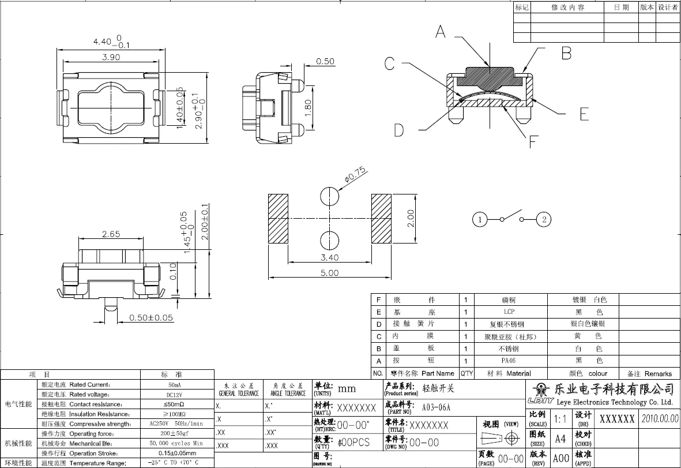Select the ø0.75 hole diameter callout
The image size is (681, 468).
[355, 175]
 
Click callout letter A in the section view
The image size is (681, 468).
[441, 32]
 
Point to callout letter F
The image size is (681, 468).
[533, 140]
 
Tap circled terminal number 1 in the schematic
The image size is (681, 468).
[479, 219]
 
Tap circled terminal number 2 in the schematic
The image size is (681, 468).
[544, 219]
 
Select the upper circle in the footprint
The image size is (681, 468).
[330, 196]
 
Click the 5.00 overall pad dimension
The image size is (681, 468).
[329, 273]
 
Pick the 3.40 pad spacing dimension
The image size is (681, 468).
[329, 257]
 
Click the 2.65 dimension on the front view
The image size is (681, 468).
[111, 234]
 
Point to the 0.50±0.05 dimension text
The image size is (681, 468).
[151, 317]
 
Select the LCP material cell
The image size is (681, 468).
[509, 312]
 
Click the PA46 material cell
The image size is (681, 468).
[509, 361]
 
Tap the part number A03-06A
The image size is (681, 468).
[436, 407]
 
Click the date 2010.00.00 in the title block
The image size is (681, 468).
[660, 418]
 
